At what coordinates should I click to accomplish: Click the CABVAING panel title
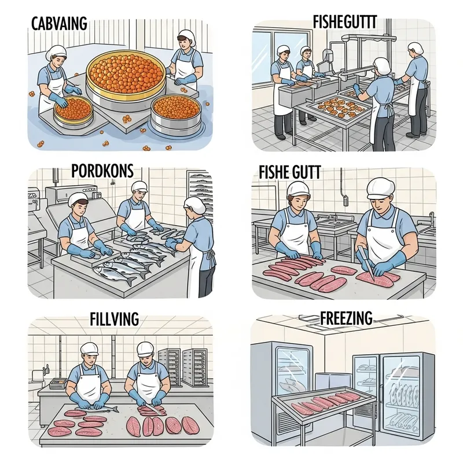pos(60,24)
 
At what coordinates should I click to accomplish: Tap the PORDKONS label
pos(102,171)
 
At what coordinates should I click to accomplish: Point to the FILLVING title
pos(114,319)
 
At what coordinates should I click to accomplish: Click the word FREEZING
pos(346,318)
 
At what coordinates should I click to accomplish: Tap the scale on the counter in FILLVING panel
pos(56,383)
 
